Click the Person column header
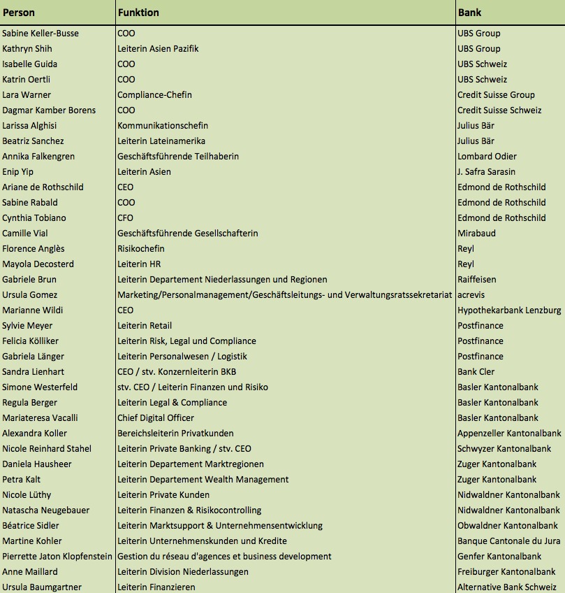click(19, 13)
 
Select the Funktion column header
click(138, 13)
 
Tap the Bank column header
click(469, 13)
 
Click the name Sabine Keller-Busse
click(41, 34)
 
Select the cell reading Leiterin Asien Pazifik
click(158, 49)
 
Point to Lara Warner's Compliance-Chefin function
click(154, 95)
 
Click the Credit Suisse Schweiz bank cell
click(499, 110)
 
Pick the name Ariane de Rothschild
click(43, 187)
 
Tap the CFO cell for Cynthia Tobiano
click(126, 218)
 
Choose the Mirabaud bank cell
click(476, 234)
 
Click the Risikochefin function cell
click(141, 249)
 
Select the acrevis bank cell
click(471, 295)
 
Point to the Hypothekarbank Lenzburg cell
click(509, 310)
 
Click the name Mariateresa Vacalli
click(40, 418)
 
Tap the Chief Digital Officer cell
click(156, 418)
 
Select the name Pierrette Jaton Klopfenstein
click(57, 557)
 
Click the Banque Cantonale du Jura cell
click(509, 541)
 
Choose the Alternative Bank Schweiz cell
click(507, 587)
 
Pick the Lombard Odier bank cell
click(487, 157)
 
